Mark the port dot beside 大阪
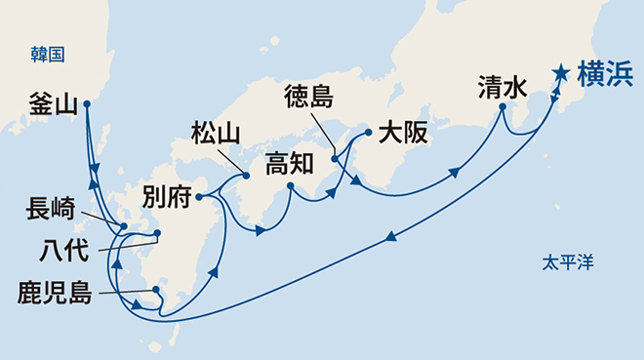pos(368,131)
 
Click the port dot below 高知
pos(291,185)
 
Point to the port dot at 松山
pos(246,176)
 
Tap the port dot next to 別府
pos(199,196)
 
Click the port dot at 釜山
pos(87,103)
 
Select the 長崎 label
pos(50,209)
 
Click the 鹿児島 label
pos(56,292)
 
